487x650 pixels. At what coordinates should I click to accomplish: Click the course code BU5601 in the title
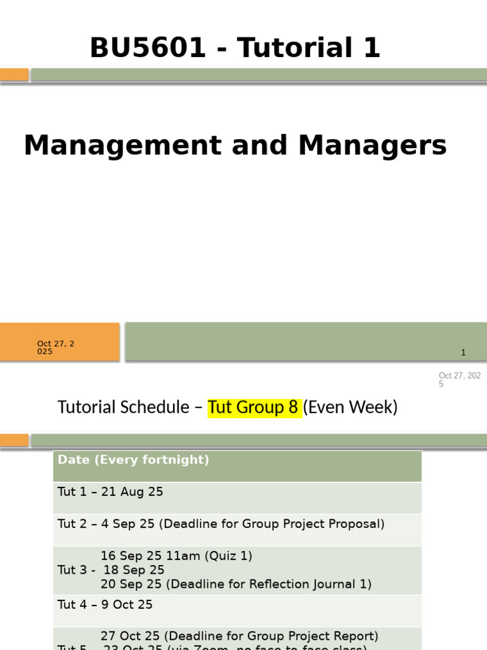pyautogui.click(x=148, y=48)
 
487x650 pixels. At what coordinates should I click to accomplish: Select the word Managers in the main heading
pyautogui.click(x=373, y=145)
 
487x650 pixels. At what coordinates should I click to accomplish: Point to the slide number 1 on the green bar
pyautogui.click(x=464, y=352)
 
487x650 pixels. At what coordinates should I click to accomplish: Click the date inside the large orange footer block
pyautogui.click(x=56, y=347)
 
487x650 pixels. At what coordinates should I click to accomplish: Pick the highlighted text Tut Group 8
pyautogui.click(x=254, y=407)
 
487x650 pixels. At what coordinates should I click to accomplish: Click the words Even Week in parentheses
pyautogui.click(x=350, y=407)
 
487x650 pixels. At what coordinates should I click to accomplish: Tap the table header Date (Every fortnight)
pyautogui.click(x=133, y=460)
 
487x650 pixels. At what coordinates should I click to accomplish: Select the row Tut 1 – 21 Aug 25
pyautogui.click(x=110, y=491)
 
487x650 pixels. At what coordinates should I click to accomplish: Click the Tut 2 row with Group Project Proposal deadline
pyautogui.click(x=221, y=524)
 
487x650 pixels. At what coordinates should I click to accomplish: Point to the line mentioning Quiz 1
pyautogui.click(x=176, y=555)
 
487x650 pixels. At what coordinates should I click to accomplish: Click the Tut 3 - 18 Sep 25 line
pyautogui.click(x=111, y=569)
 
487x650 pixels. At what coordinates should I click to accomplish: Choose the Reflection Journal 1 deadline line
pyautogui.click(x=236, y=584)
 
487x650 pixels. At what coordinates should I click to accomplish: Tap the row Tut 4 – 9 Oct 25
pyautogui.click(x=105, y=604)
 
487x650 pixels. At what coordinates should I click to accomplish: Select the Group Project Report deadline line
pyautogui.click(x=239, y=635)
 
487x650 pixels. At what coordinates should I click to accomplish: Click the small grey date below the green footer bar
pyautogui.click(x=459, y=380)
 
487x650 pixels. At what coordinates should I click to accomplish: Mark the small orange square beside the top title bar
pyautogui.click(x=14, y=75)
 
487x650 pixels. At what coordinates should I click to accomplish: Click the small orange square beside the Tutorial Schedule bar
pyautogui.click(x=14, y=440)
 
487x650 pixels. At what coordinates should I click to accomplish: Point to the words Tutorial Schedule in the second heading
pyautogui.click(x=123, y=407)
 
